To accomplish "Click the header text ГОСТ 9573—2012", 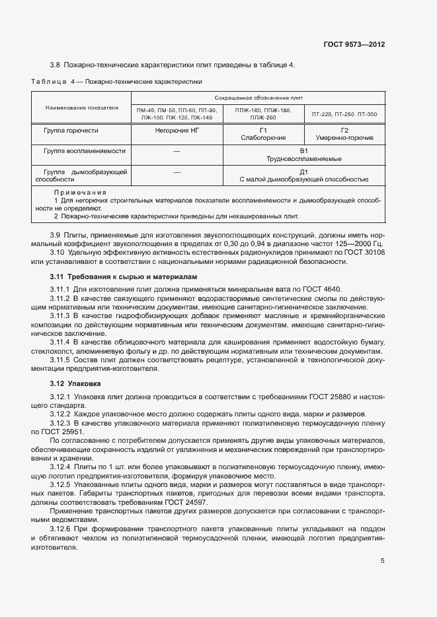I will [x=354, y=44].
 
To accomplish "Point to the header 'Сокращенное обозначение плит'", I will [x=257, y=96].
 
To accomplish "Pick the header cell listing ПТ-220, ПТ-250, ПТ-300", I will [x=344, y=114].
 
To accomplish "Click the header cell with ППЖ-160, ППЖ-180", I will [x=263, y=114].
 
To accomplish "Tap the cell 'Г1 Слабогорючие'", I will [x=263, y=134].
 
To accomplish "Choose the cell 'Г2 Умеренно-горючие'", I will [x=344, y=134].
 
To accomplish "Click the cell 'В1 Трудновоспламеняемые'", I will [x=303, y=155].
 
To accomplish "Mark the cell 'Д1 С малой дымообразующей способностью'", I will [x=303, y=176].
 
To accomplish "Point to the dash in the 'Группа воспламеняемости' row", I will [x=177, y=152].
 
